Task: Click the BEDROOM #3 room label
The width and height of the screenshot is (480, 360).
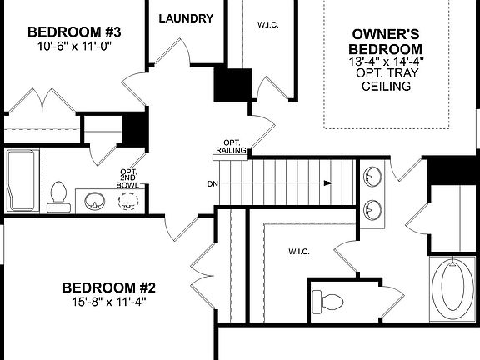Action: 75,32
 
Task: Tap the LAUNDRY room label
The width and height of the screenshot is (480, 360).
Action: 185,18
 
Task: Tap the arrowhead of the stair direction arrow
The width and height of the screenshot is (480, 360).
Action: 330,183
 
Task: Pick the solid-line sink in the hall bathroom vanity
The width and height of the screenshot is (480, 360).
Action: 95,201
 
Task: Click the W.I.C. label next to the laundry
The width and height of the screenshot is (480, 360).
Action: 267,25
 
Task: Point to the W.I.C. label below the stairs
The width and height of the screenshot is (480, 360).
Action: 299,250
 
